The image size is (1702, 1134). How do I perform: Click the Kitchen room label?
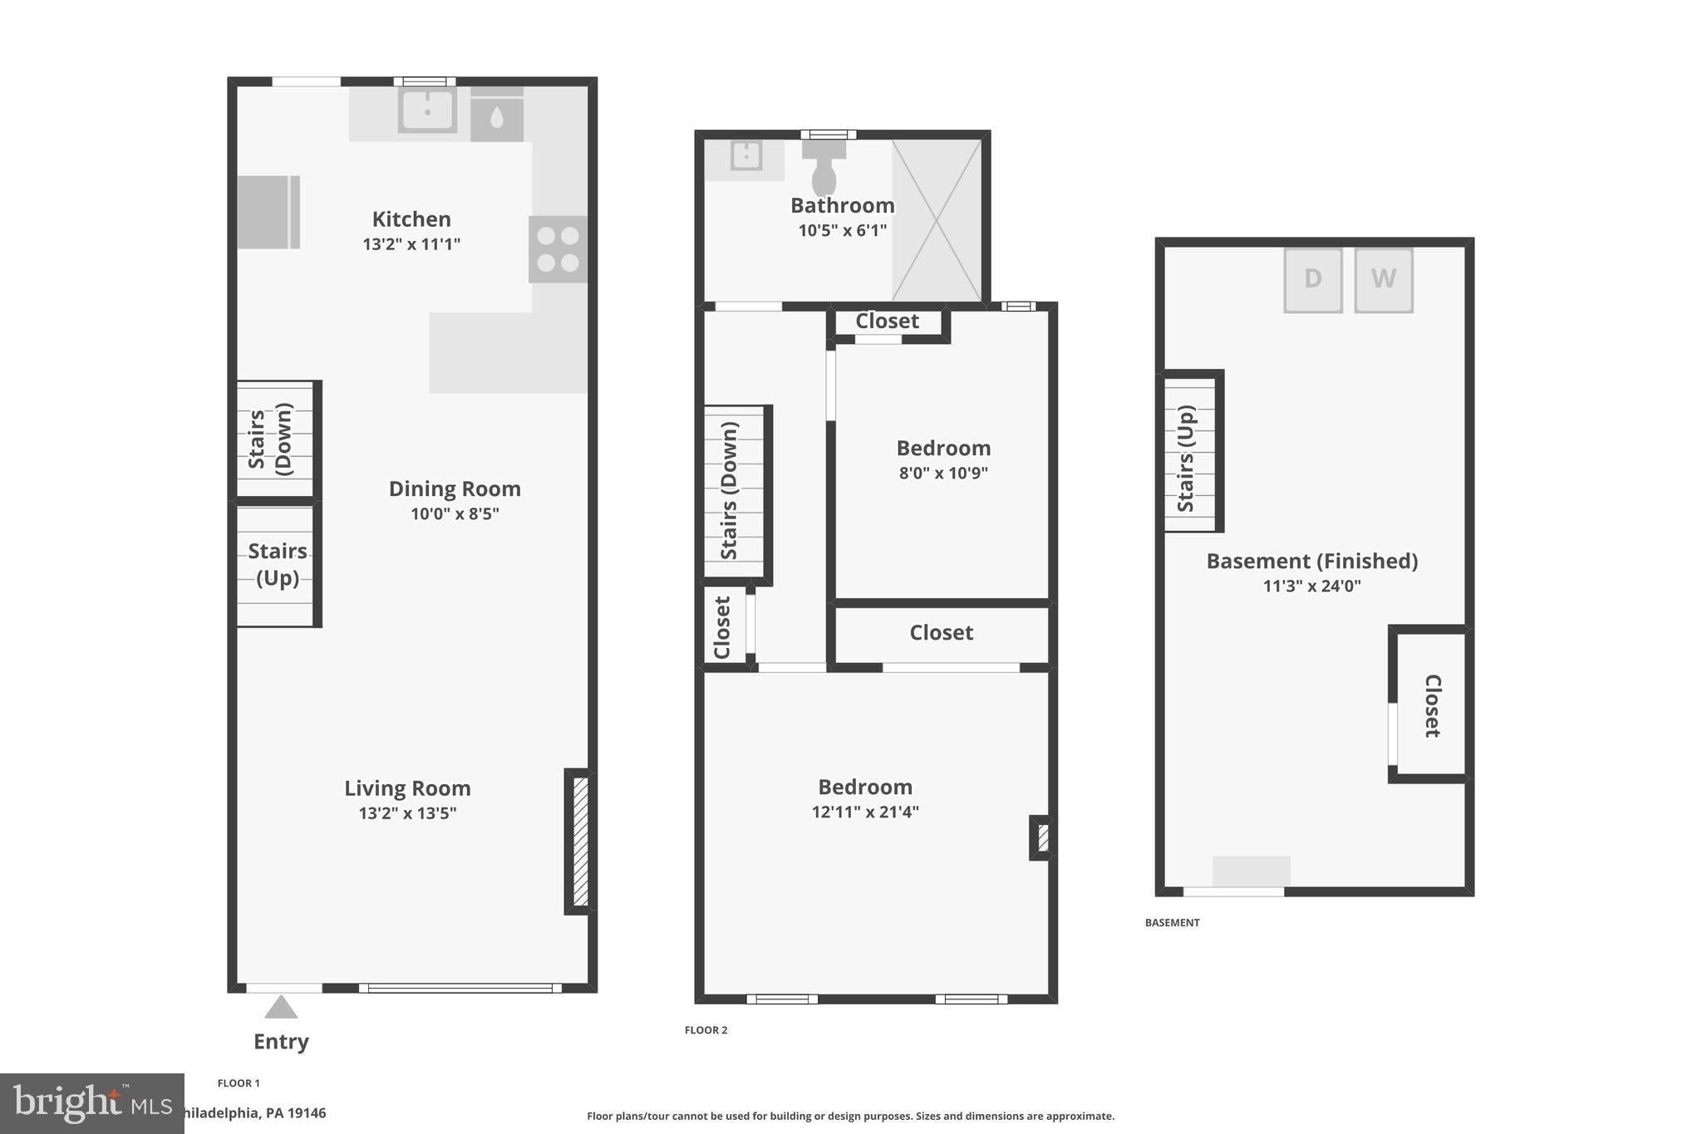(x=411, y=219)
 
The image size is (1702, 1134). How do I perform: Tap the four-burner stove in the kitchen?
(x=558, y=249)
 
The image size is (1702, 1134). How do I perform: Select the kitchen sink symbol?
(x=427, y=110)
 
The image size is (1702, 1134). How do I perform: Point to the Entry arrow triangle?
(x=281, y=1007)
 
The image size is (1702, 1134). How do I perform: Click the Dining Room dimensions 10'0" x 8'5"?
(x=455, y=513)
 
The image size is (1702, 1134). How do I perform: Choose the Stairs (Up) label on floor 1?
(x=278, y=564)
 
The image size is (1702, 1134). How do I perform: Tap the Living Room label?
(x=407, y=788)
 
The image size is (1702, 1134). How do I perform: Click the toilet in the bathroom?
(x=824, y=167)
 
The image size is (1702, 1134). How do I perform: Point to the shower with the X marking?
(x=937, y=220)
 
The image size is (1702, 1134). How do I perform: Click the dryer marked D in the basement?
(x=1313, y=280)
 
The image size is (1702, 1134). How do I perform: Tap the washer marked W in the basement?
(x=1384, y=280)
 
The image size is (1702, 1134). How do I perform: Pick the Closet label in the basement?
(x=1433, y=705)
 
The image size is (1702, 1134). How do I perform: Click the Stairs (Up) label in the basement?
(x=1186, y=458)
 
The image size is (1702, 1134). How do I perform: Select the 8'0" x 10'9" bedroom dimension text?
(x=943, y=474)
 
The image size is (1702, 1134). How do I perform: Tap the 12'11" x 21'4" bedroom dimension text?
(x=865, y=812)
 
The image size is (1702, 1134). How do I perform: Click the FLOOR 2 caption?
(x=706, y=1030)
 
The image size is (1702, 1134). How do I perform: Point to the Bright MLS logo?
(x=92, y=1104)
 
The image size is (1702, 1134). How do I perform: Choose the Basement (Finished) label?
(x=1312, y=561)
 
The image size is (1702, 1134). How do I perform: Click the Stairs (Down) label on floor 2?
(x=730, y=491)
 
